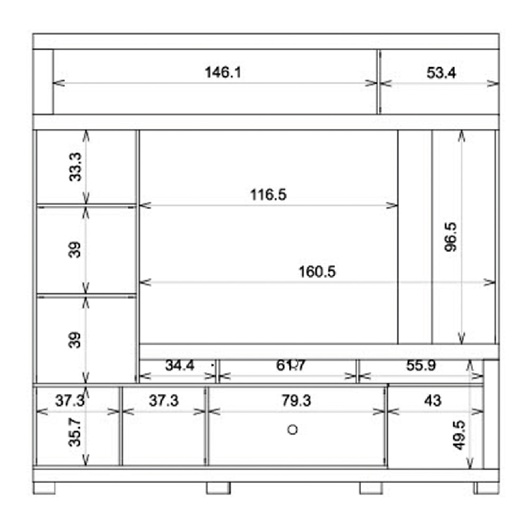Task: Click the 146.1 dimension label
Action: tap(223, 72)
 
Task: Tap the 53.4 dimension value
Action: tap(441, 72)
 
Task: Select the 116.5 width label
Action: tap(268, 194)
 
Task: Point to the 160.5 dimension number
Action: tap(317, 272)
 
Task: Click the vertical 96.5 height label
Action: tap(451, 237)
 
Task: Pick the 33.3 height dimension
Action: tap(75, 167)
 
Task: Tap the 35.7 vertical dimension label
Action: tap(75, 432)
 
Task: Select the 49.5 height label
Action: tap(459, 435)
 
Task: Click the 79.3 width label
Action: tap(296, 401)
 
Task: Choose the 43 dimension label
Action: tap(432, 401)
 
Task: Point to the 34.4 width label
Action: tap(180, 365)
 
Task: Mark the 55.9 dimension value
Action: tap(421, 365)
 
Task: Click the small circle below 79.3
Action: tap(292, 430)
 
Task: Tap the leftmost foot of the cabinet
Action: tap(44, 488)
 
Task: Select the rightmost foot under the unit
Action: tap(486, 488)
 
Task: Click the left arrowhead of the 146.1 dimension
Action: tap(58, 83)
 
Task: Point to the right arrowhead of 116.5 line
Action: tap(392, 206)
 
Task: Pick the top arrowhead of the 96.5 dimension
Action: tap(461, 136)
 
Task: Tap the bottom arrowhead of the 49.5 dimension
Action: tap(470, 463)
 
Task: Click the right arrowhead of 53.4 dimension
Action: tap(493, 83)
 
